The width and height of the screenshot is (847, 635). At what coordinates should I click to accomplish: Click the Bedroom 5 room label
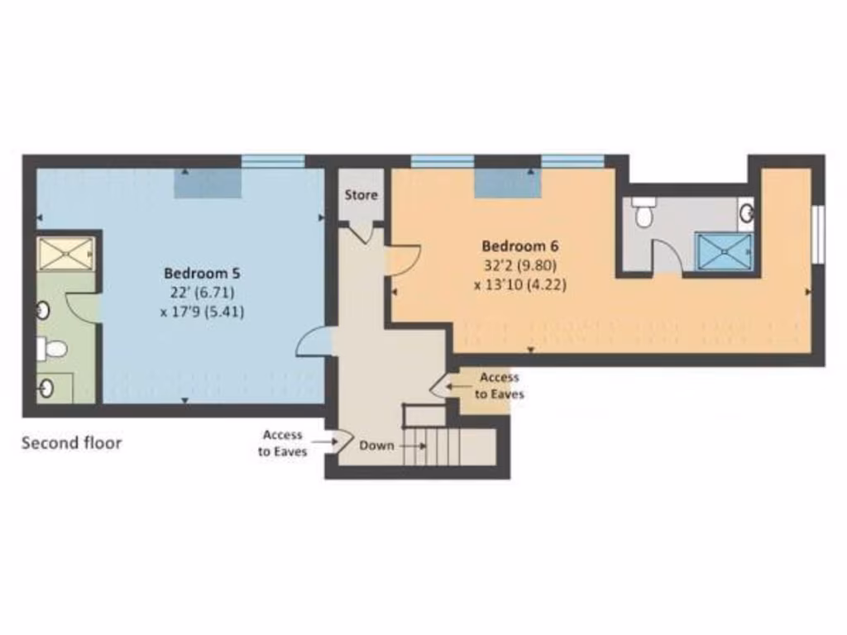(203, 273)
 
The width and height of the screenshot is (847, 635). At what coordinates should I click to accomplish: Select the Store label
(361, 195)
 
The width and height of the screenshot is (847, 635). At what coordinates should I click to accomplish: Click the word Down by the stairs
(376, 445)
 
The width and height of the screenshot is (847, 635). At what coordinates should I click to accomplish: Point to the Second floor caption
(71, 443)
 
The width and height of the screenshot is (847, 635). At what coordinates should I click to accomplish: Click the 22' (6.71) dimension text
(203, 293)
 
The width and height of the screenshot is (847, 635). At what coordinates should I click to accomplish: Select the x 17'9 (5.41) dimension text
(203, 312)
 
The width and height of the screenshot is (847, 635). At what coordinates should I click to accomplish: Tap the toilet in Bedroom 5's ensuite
(53, 349)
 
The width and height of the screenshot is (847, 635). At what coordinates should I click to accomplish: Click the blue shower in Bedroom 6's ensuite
(724, 251)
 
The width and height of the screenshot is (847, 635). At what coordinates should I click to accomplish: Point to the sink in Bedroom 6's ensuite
(746, 213)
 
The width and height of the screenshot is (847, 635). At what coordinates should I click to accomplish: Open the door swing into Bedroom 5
(314, 341)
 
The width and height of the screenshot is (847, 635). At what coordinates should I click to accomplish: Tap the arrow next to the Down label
(413, 446)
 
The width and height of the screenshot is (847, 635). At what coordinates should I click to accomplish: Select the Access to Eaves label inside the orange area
(499, 386)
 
